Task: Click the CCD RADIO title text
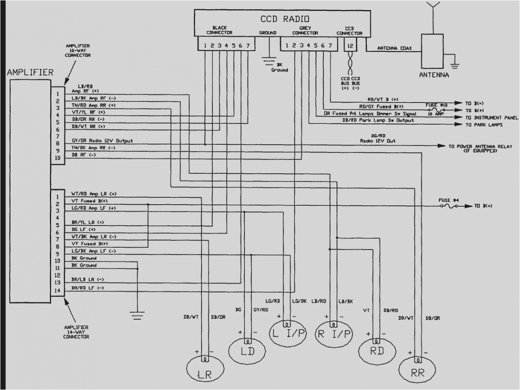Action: [x=285, y=18]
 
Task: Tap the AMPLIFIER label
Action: [x=30, y=73]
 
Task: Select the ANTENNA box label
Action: [x=434, y=75]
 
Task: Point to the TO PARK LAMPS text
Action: [x=484, y=125]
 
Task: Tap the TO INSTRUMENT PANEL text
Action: [x=489, y=118]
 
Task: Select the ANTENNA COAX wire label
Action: [x=393, y=48]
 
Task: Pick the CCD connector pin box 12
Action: [x=350, y=46]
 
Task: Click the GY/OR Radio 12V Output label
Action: [x=102, y=141]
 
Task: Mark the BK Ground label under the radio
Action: [x=279, y=67]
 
